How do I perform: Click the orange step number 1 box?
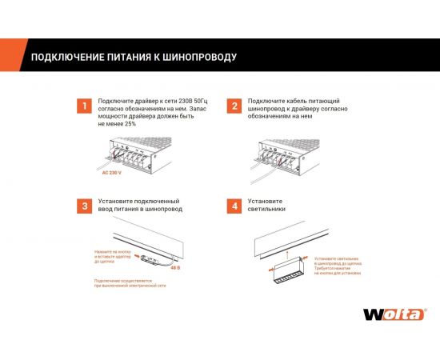point(82,106)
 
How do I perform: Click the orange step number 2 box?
point(234,106)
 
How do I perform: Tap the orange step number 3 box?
point(82,206)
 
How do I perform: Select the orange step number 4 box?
point(234,206)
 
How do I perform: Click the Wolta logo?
point(394,314)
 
